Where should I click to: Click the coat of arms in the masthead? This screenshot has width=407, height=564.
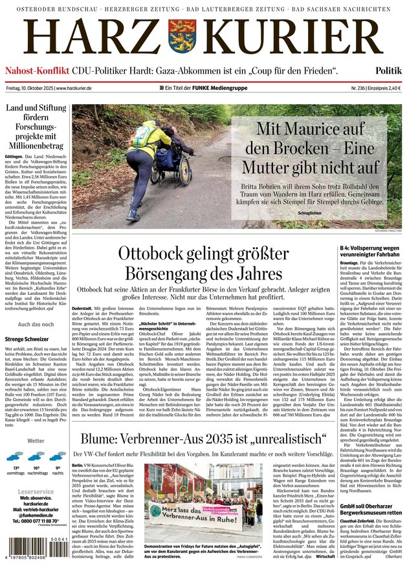(181, 37)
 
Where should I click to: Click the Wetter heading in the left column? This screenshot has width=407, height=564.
(36, 440)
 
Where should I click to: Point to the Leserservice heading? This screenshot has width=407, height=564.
(36, 492)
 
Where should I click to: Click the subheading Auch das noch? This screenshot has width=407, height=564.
(36, 324)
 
